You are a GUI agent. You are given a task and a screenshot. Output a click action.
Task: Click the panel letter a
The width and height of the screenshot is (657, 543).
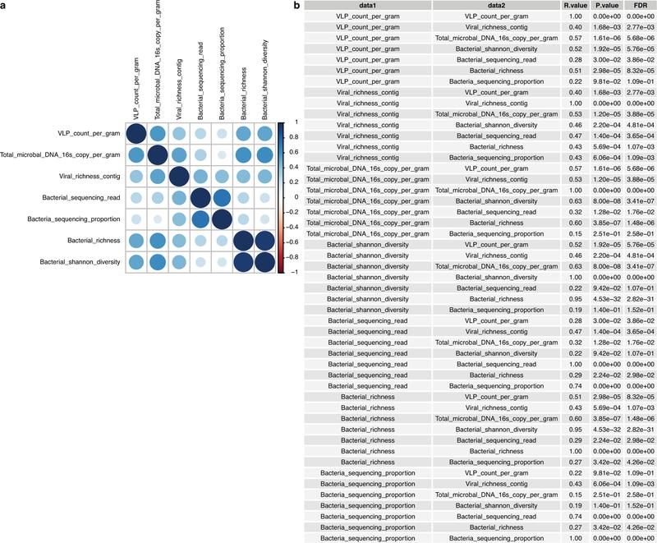(4, 6)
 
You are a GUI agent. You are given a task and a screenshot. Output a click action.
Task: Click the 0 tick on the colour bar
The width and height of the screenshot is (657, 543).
(292, 198)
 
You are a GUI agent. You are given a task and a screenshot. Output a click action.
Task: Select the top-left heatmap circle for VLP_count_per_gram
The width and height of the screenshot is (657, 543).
(137, 134)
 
